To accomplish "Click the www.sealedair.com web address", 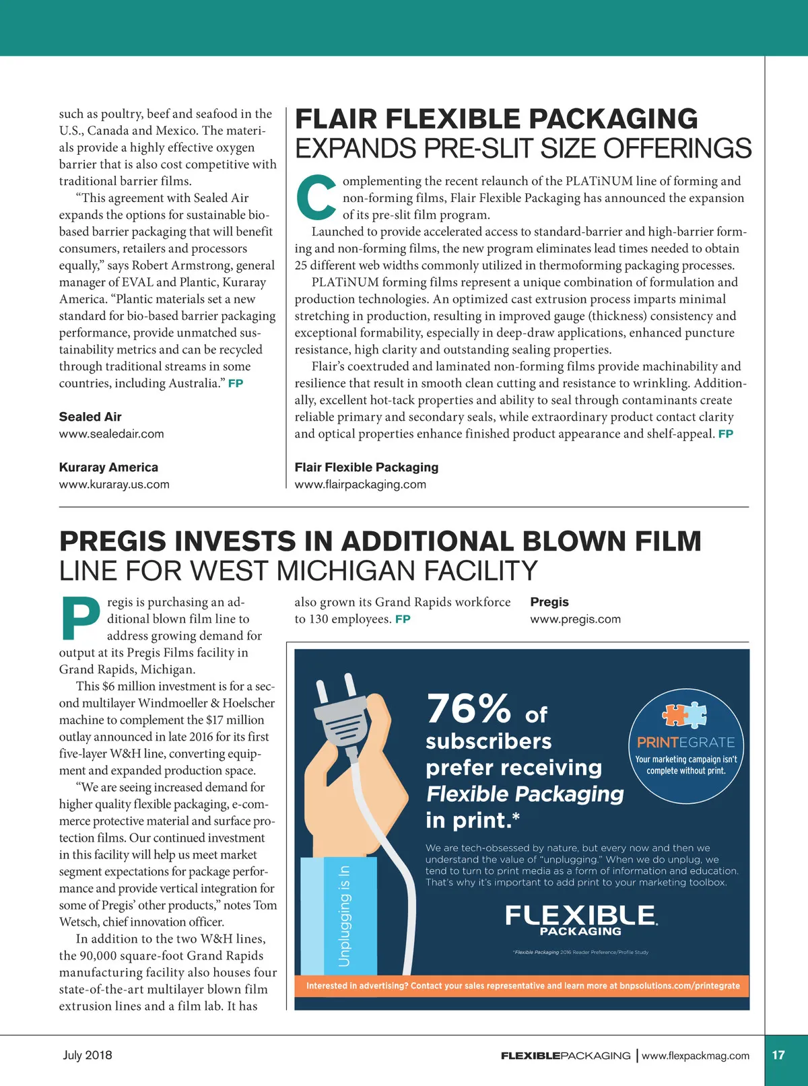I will click(111, 434).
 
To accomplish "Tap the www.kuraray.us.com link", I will click(114, 484).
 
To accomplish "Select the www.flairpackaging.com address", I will click(360, 484).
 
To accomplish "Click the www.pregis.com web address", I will click(575, 619).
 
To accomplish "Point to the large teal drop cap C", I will click(316, 198).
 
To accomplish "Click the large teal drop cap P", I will click(80, 619).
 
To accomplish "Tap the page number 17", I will click(778, 1055).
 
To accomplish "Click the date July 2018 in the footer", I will click(88, 1055).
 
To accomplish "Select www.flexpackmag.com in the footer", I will click(696, 1056).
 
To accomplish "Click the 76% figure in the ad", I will click(468, 708).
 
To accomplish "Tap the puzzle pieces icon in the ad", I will click(685, 715).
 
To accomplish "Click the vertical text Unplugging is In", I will click(344, 916).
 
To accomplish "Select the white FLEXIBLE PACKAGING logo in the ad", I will click(580, 920).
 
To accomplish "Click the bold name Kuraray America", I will click(108, 467).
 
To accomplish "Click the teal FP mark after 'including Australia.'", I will click(236, 383).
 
